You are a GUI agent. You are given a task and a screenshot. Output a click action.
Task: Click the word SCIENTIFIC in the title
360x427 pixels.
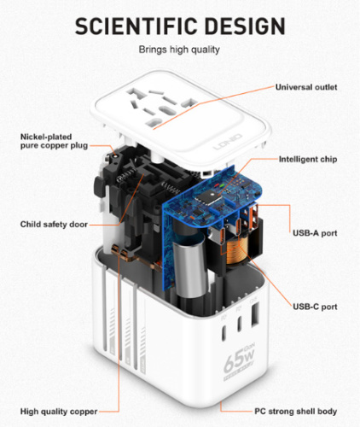click(136, 26)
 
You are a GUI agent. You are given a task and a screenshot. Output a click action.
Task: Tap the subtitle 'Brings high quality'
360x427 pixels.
click(179, 50)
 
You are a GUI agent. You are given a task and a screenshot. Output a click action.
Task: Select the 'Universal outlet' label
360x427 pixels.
click(306, 87)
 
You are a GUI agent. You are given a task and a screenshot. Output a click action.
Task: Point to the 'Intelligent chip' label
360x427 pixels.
click(308, 160)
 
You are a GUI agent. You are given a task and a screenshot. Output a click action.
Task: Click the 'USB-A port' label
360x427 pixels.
click(315, 233)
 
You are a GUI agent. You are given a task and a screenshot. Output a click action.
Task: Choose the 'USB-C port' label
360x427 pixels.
click(315, 307)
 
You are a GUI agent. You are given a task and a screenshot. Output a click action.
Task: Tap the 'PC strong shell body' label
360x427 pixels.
click(296, 412)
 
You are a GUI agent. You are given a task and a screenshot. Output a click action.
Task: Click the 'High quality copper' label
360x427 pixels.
click(59, 412)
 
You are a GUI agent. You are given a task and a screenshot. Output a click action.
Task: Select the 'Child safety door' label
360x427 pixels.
click(54, 225)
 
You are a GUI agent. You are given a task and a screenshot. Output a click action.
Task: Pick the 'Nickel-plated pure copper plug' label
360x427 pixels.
click(54, 141)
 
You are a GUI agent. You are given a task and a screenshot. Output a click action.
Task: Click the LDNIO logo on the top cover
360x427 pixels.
click(228, 142)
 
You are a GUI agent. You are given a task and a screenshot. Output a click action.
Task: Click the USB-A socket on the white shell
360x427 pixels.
click(254, 314)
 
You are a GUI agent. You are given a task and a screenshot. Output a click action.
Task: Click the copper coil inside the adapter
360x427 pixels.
click(238, 250)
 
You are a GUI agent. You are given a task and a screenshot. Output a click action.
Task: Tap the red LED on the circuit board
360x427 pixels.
click(217, 185)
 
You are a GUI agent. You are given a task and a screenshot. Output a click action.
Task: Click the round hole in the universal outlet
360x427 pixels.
click(165, 110)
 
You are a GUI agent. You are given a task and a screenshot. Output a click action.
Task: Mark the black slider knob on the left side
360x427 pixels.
click(98, 187)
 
